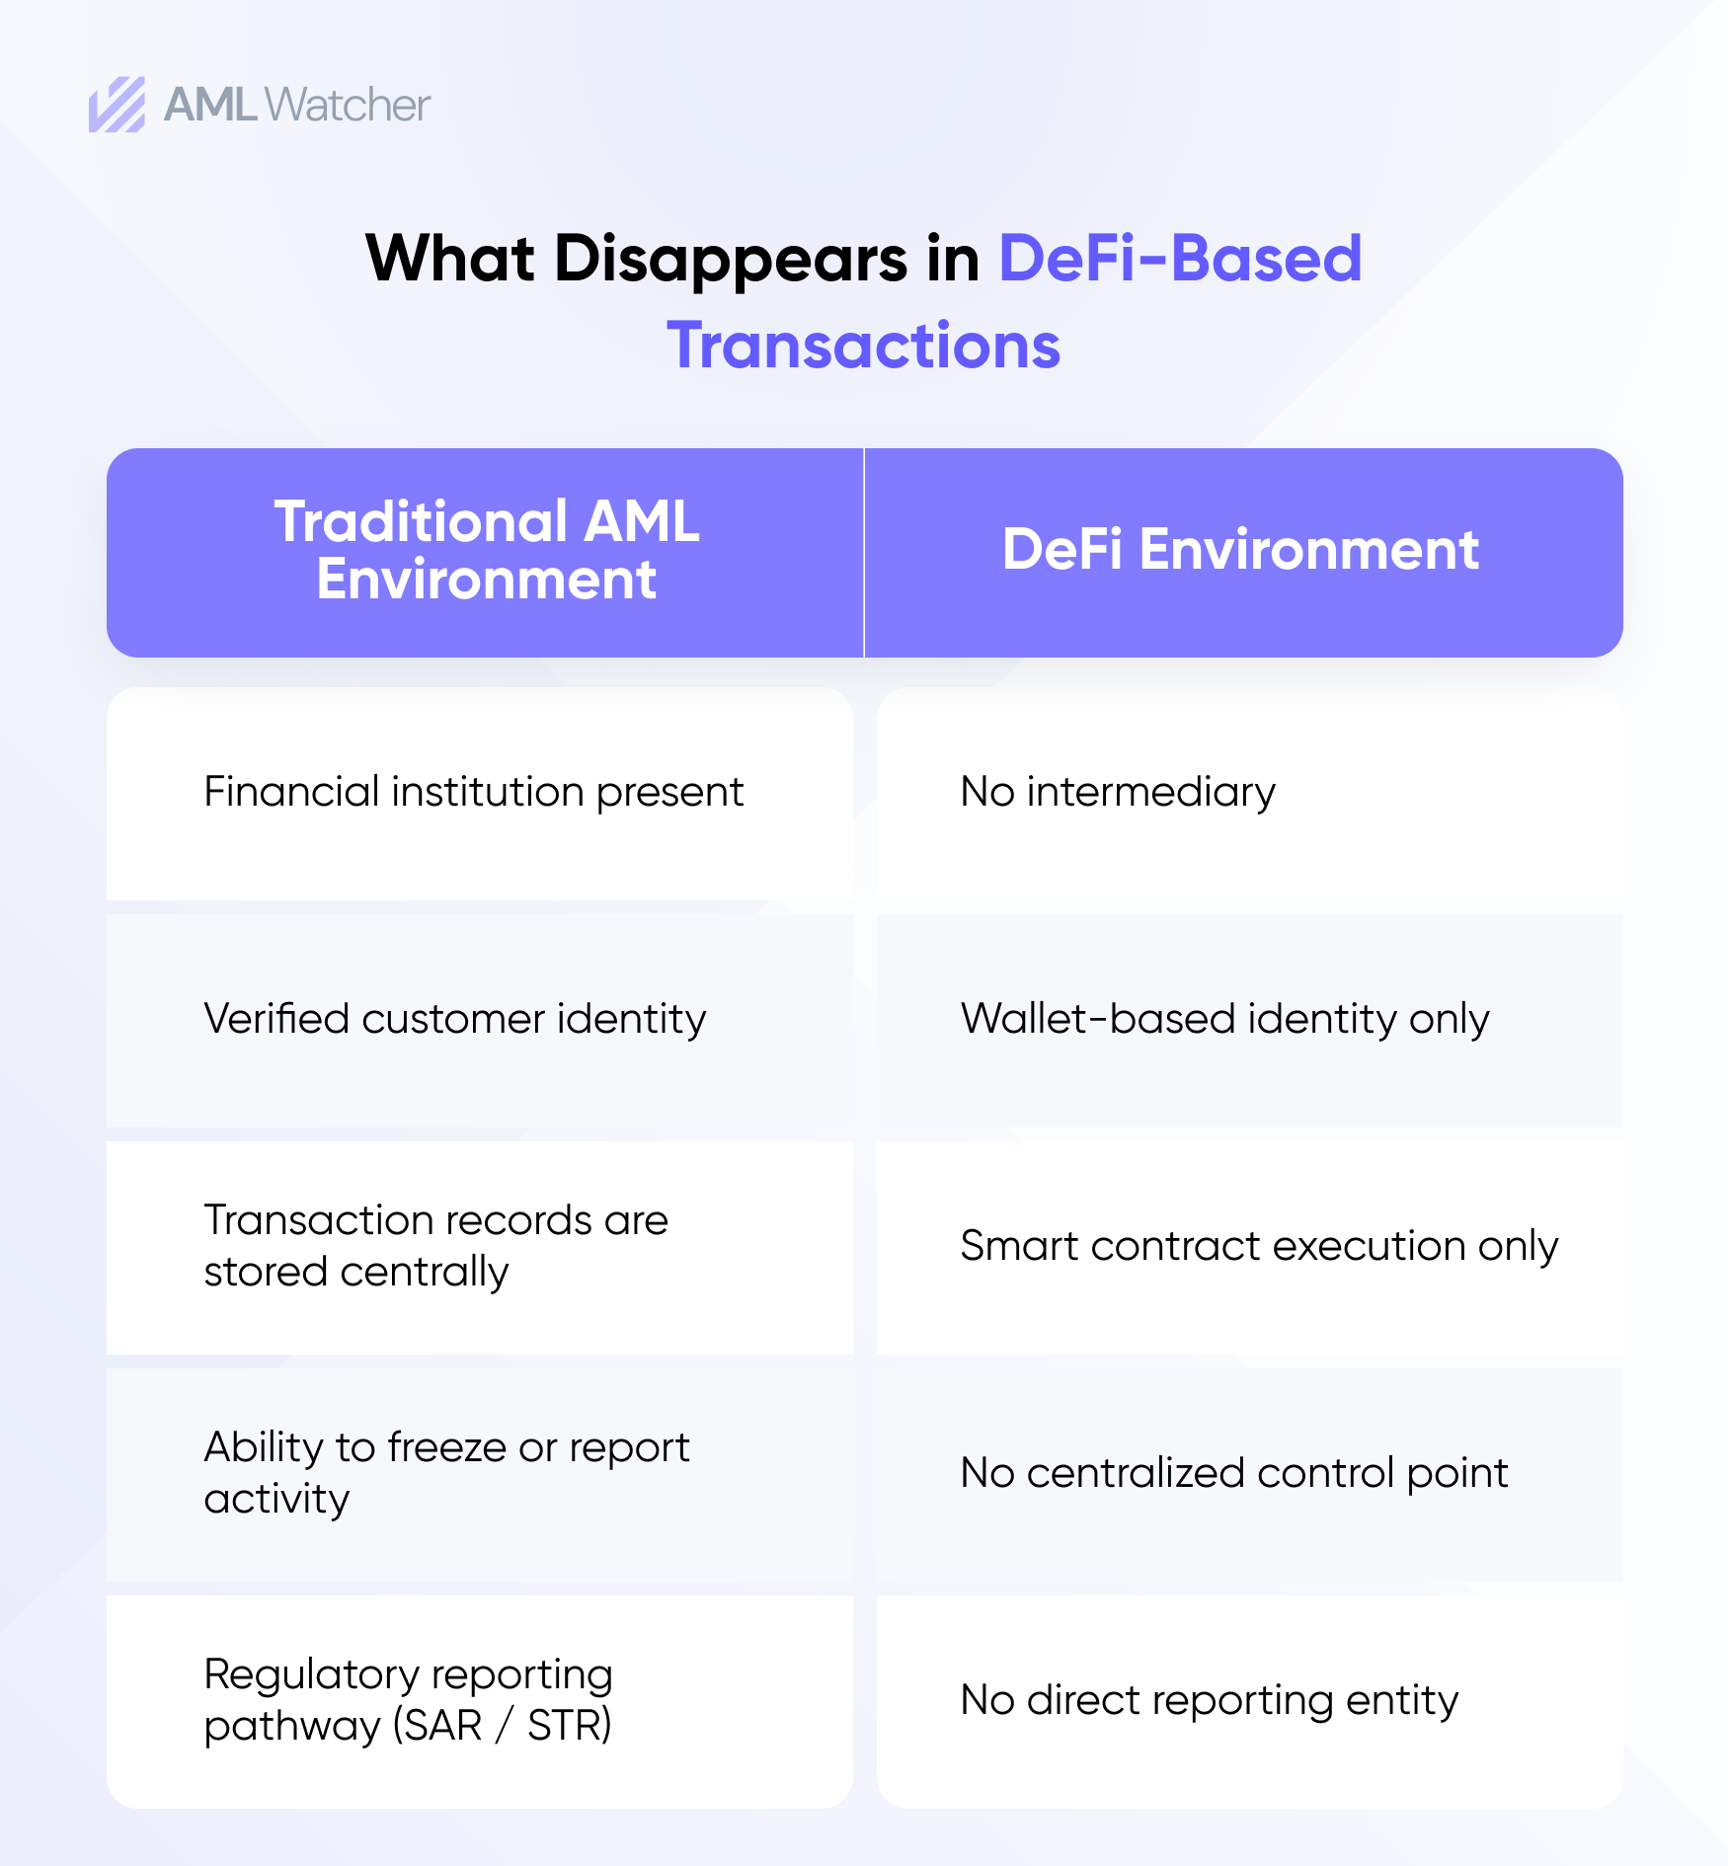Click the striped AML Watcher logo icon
[118, 105]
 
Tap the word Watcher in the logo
[348, 105]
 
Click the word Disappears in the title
[731, 259]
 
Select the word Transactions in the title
[864, 346]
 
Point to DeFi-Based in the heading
[1181, 259]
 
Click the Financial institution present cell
[480, 794]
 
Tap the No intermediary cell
[1250, 794]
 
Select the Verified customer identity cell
[480, 1021]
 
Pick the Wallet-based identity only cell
[1250, 1021]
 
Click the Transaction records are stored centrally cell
[480, 1248]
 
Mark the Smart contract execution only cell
[1250, 1248]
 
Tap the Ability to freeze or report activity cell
[480, 1475]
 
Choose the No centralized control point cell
[1250, 1475]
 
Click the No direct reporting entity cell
[1250, 1702]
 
